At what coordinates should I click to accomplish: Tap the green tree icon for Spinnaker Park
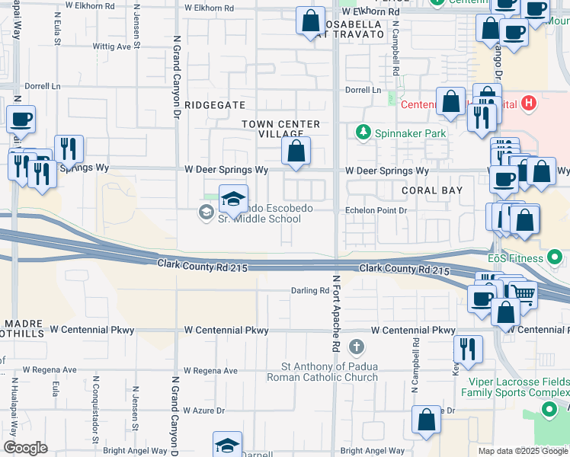pos(363,133)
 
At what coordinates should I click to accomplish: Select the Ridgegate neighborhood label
pos(215,105)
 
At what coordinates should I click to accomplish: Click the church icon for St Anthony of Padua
pos(356,348)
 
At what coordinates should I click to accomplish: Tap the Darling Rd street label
pos(310,291)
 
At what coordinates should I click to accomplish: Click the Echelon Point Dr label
pos(377,209)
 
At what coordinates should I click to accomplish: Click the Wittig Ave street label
pos(111,46)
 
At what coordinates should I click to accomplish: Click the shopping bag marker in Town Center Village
pos(296,151)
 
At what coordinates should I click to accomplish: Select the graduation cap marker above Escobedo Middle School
pos(233,200)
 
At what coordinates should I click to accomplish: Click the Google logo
pos(25,447)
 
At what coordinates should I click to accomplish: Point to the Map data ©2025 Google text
pos(523,451)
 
